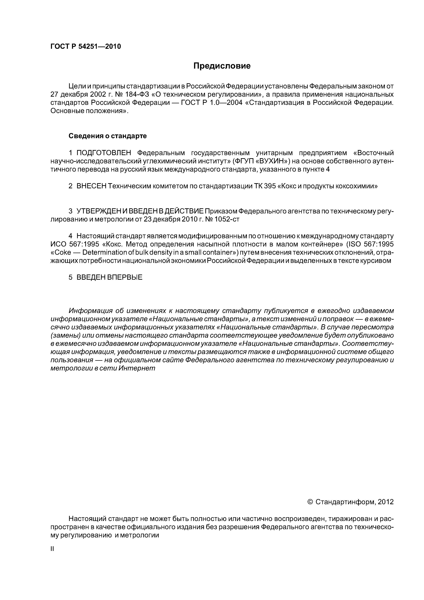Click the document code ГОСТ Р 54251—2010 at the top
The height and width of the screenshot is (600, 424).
tap(85, 47)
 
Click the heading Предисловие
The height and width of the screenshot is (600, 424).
tap(222, 66)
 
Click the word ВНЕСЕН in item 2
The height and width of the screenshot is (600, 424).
tap(92, 186)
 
